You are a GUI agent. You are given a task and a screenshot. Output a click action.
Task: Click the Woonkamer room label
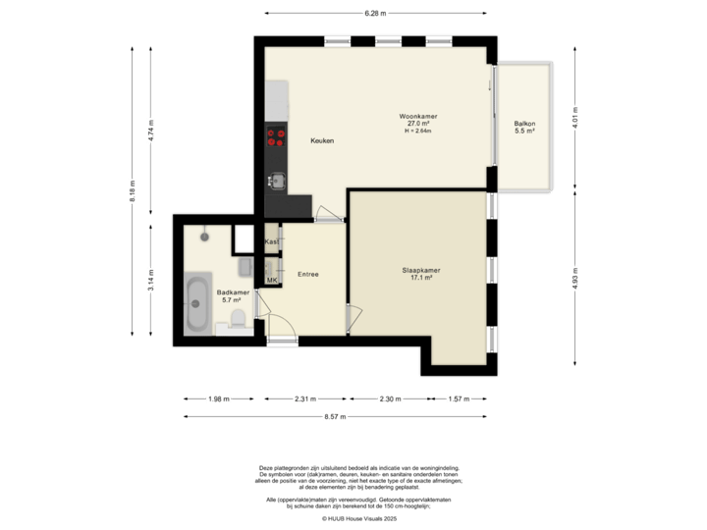424,116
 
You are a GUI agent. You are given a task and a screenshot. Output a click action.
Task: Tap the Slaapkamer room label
422,270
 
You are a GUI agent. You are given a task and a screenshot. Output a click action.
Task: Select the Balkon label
524,123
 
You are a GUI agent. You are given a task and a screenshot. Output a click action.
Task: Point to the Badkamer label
233,292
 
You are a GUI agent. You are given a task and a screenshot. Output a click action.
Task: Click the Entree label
308,274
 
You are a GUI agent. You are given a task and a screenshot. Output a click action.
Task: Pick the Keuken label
322,140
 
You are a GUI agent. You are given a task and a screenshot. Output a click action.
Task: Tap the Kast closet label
272,240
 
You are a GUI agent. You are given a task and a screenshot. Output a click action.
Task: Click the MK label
272,281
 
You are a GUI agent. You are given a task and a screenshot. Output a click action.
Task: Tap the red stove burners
276,137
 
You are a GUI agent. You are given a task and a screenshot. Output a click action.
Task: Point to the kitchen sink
277,180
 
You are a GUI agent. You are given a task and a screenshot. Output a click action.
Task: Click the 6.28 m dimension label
375,14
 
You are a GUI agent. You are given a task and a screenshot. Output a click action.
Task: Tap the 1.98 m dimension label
217,399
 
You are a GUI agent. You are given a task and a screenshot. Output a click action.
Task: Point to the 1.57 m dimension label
459,399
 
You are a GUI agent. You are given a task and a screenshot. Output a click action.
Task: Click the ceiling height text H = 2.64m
424,131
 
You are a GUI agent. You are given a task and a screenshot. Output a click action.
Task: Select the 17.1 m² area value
422,277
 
